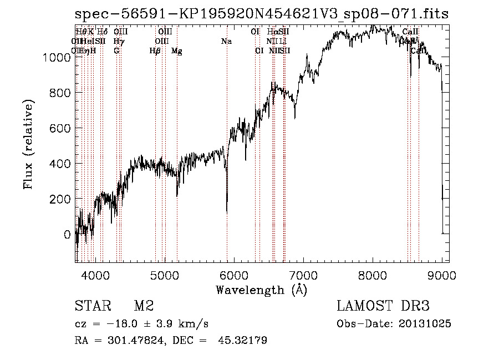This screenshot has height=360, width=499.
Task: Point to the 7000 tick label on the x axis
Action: (303, 274)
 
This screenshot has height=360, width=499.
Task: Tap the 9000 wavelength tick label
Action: (442, 274)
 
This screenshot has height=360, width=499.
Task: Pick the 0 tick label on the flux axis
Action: (68, 235)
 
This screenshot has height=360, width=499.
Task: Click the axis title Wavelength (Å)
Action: (261, 289)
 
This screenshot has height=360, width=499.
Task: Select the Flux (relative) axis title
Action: (28, 144)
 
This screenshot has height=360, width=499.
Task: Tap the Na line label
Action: (226, 42)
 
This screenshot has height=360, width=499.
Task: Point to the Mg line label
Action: (177, 51)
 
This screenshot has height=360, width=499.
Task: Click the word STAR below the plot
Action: (92, 306)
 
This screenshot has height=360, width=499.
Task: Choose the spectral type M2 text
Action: (144, 306)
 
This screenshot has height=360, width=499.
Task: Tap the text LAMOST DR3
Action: (383, 306)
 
